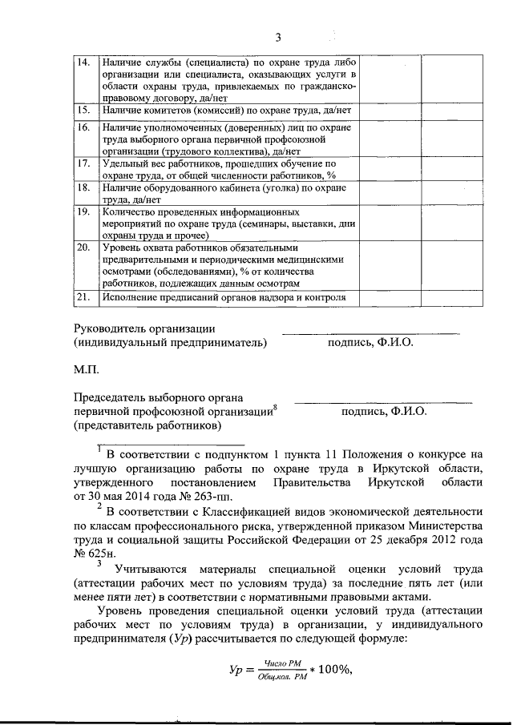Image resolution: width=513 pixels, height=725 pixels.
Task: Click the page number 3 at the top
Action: (x=278, y=37)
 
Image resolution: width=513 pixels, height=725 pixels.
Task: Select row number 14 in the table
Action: (x=83, y=62)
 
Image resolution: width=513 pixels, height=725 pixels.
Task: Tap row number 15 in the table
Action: (x=83, y=108)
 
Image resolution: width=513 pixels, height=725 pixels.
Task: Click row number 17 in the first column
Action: (x=83, y=163)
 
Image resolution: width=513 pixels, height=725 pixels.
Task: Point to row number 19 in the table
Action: (x=83, y=212)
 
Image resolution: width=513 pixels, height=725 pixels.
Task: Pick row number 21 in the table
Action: (x=83, y=298)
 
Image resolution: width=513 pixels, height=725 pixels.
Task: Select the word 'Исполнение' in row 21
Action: (x=130, y=298)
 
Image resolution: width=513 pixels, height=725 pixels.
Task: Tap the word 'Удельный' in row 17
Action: (x=125, y=163)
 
